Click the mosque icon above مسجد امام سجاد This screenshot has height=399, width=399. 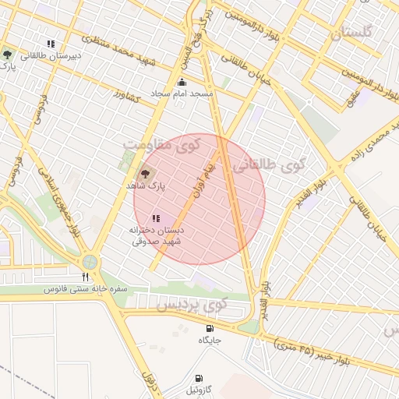click(x=182, y=83)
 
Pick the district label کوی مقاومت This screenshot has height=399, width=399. click(x=161, y=145)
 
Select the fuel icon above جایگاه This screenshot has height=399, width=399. click(x=210, y=328)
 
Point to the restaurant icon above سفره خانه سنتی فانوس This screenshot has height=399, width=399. click(x=86, y=277)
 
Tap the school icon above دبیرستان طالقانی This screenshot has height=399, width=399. click(x=51, y=44)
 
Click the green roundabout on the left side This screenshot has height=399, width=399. click(x=90, y=263)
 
